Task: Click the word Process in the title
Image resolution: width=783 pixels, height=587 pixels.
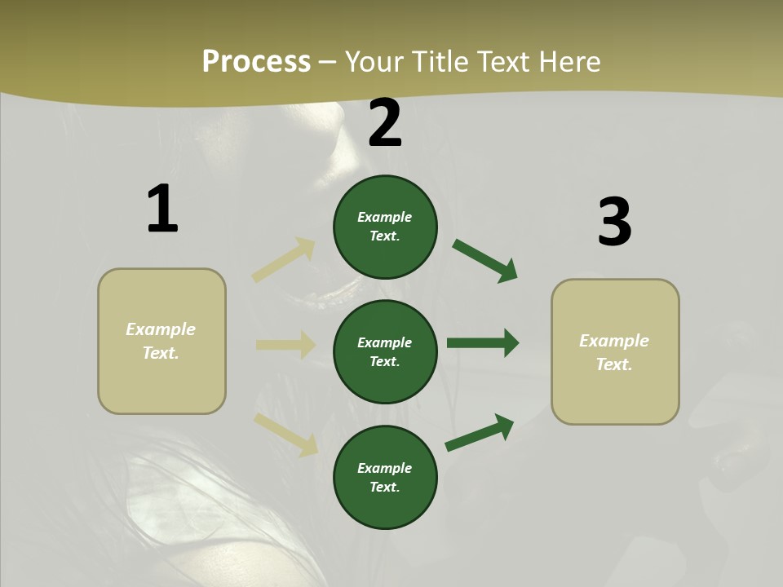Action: [256, 62]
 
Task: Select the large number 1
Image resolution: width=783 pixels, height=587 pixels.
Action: [162, 210]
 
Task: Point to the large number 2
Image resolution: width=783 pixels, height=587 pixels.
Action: [385, 124]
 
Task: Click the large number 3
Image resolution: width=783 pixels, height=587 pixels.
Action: [614, 223]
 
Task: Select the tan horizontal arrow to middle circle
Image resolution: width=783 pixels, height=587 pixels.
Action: [285, 345]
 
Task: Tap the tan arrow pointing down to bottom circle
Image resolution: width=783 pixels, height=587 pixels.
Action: [285, 434]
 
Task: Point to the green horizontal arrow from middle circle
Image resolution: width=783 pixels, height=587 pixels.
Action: [483, 343]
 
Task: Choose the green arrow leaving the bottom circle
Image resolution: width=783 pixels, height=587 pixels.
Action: [480, 433]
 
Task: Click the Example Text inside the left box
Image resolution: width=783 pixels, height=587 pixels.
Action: [161, 341]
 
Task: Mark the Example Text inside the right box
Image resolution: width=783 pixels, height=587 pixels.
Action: [614, 352]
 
